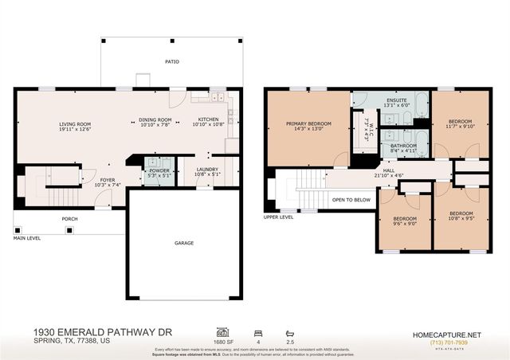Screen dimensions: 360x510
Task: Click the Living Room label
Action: (x=75, y=123)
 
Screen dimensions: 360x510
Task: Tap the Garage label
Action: (x=185, y=243)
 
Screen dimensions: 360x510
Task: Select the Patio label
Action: (x=172, y=61)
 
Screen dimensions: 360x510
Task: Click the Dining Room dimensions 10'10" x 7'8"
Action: (x=155, y=126)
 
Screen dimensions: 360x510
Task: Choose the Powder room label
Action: (x=158, y=170)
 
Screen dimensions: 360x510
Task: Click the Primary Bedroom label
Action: (x=308, y=123)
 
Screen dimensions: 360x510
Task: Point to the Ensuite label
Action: (x=395, y=99)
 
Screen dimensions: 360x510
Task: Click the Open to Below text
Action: (x=351, y=200)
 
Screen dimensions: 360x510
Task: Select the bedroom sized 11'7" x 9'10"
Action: (x=461, y=126)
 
